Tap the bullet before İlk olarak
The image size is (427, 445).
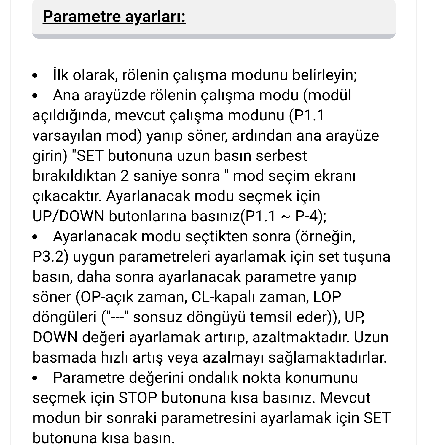point(35,76)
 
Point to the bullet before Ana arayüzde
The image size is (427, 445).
point(35,96)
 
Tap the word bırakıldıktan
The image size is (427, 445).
point(74,176)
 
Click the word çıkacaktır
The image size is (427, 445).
point(66,196)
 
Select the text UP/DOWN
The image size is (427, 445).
point(68,216)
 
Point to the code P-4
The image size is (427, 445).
point(308,216)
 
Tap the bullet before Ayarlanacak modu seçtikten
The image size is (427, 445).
point(35,237)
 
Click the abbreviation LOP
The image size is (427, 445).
point(327,297)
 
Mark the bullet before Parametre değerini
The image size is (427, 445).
point(35,378)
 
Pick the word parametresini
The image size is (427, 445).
point(208,418)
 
